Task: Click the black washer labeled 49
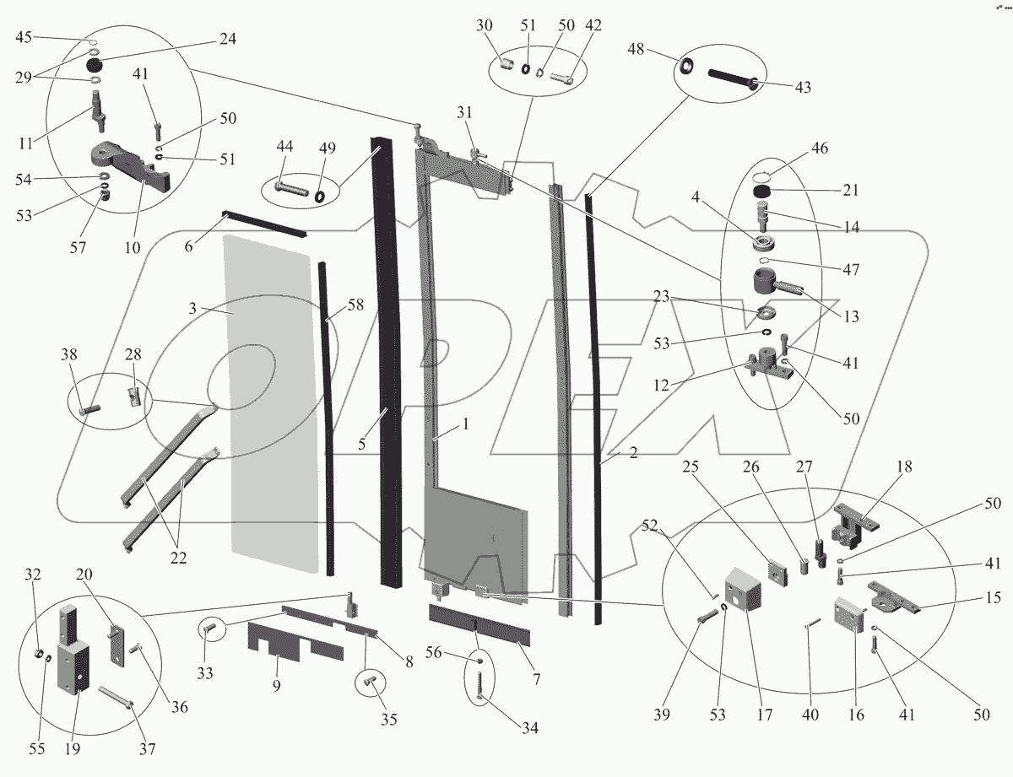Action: pos(322,196)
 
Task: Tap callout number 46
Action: pos(819,148)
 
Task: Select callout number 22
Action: pos(178,558)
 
